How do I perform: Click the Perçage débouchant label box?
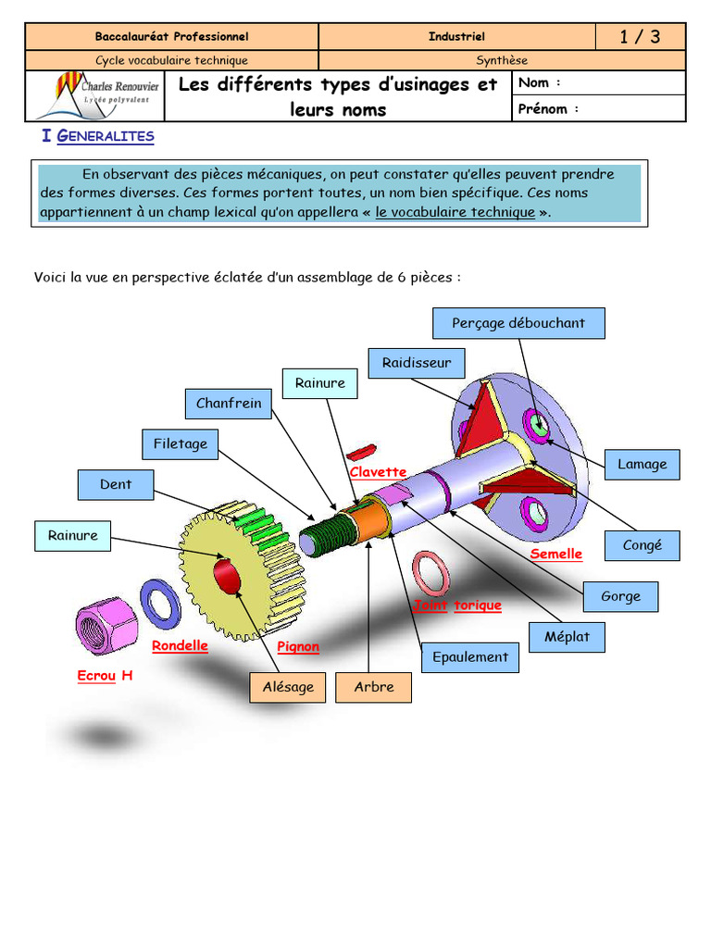518,323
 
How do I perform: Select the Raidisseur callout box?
417,363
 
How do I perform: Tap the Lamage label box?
642,464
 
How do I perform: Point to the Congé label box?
642,545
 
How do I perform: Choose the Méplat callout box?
567,637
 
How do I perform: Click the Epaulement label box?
470,656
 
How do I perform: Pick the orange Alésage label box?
288,686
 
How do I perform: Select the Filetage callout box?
180,443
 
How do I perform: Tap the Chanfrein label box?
229,403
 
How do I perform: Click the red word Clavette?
378,472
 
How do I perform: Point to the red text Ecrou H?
105,676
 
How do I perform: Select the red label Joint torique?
457,605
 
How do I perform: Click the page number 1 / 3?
640,37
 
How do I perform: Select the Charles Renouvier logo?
95,95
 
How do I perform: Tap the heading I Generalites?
98,136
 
